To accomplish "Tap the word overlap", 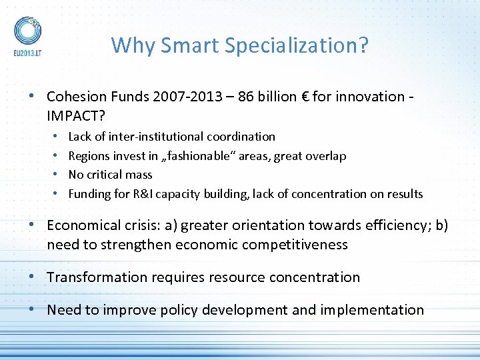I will pyautogui.click(x=325, y=156).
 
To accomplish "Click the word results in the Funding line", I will pyautogui.click(x=404, y=194).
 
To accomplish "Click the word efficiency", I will pyautogui.click(x=398, y=225).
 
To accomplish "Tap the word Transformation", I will pyautogui.click(x=98, y=277).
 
